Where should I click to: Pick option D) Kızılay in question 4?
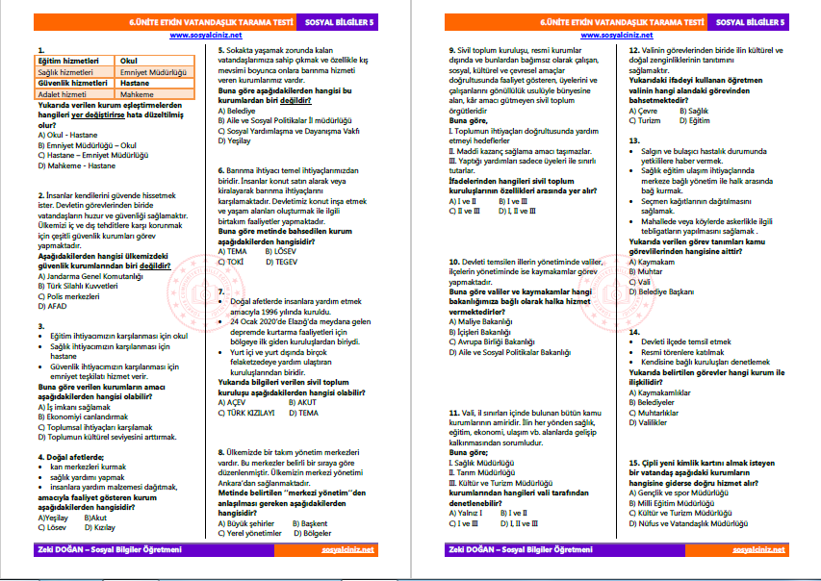pyautogui.click(x=101, y=527)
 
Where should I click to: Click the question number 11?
pyautogui.click(x=453, y=413)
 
